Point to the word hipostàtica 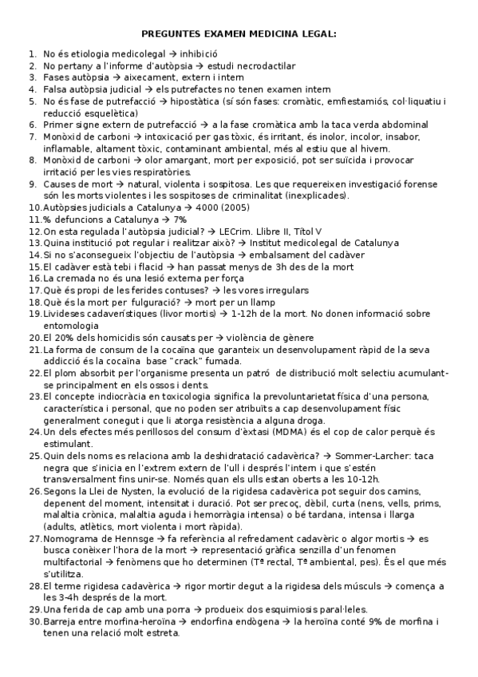tap(208, 101)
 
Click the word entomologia tap(69, 325)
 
